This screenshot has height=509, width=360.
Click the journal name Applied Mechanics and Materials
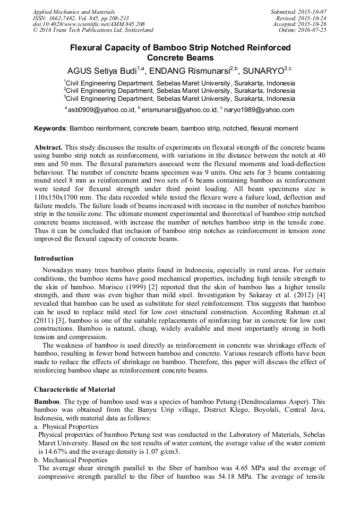coord(73,11)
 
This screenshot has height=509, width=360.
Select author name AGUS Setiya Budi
coord(101,71)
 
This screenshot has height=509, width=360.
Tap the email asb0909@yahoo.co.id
coord(101,110)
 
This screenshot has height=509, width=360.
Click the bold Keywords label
coord(50,128)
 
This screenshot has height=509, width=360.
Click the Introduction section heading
coord(54,258)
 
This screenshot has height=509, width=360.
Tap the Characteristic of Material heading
coord(74,389)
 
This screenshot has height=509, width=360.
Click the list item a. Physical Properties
coord(66,426)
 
